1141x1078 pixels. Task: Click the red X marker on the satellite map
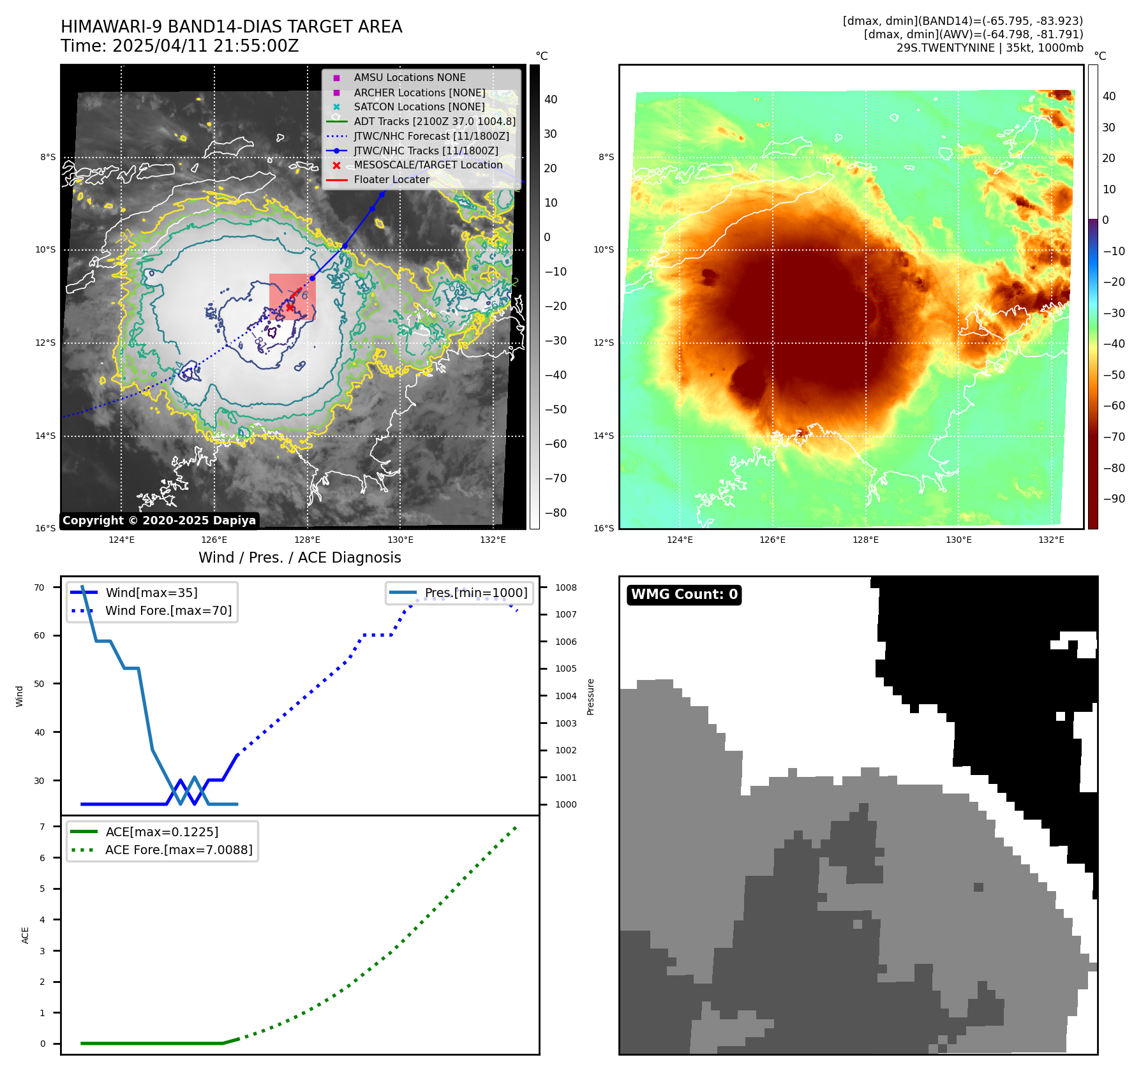[x=290, y=307]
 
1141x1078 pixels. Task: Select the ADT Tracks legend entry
[x=434, y=121]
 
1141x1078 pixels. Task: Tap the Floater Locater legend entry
[x=391, y=180]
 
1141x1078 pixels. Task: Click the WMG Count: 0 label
[x=684, y=594]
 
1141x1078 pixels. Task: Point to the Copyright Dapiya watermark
[x=159, y=521]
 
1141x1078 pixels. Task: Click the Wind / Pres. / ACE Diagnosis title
[x=299, y=557]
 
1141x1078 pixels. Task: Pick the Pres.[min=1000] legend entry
[x=475, y=593]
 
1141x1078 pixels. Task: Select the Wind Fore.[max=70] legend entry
[x=168, y=611]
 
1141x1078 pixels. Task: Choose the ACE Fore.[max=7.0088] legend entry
[x=179, y=850]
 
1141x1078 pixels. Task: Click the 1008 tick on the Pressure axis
[x=565, y=587]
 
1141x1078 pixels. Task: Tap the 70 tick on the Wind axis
[x=40, y=587]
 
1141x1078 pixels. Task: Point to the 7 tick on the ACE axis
[x=42, y=827]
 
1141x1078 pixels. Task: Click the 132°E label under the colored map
[x=1051, y=540]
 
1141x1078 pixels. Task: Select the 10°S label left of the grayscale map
[x=45, y=250]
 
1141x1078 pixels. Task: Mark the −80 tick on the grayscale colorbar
[x=555, y=513]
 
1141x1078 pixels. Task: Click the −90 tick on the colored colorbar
[x=1114, y=499]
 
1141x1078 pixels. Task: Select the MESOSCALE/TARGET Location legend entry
[x=428, y=165]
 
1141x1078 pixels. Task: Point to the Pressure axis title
[x=591, y=697]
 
